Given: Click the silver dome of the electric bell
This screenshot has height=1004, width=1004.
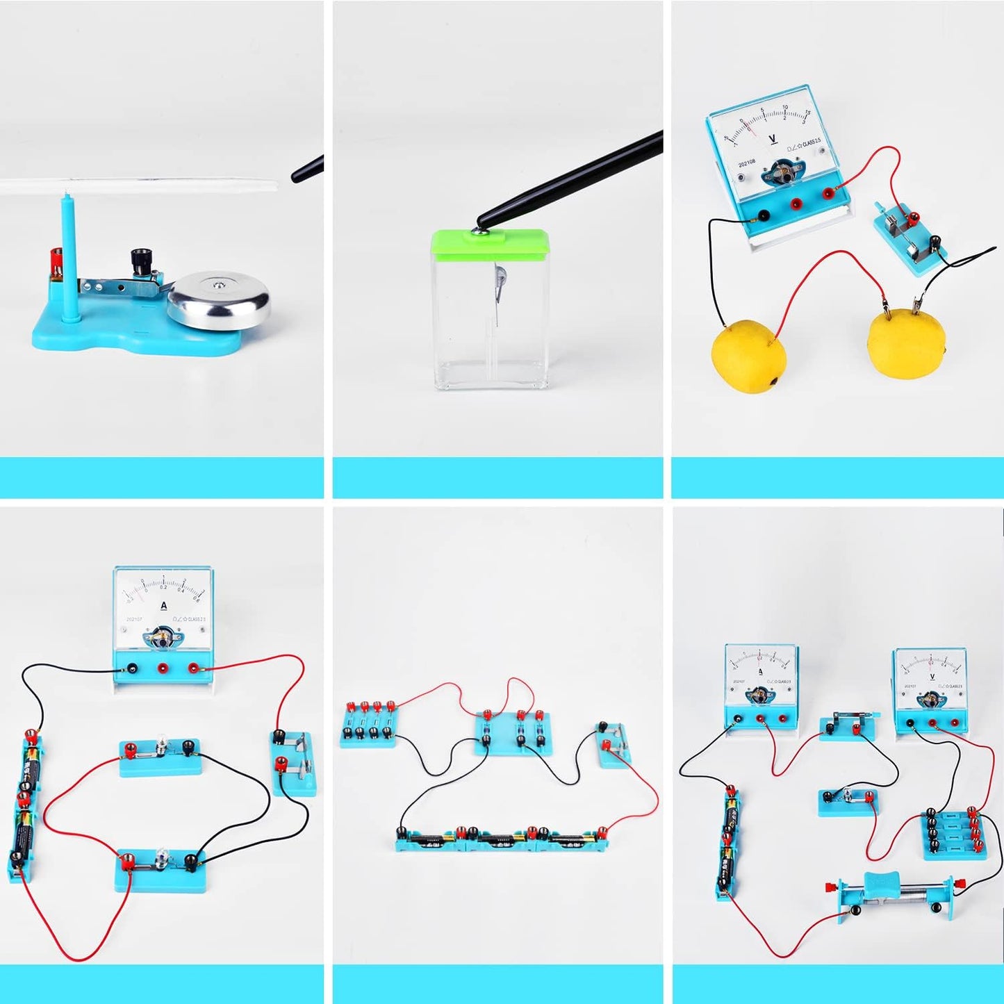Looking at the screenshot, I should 218,299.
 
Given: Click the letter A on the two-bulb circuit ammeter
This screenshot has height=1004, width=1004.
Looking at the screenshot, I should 164,604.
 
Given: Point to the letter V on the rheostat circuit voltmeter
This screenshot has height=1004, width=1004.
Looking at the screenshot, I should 932,675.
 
